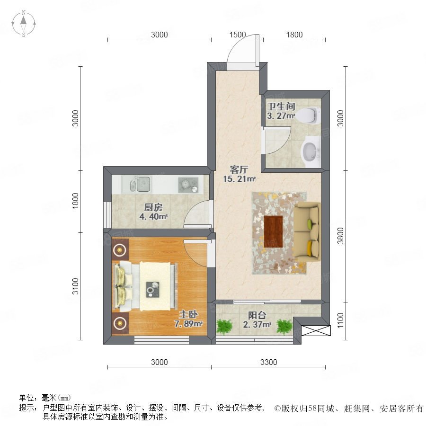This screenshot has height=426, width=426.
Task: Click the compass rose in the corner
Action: click(24, 24)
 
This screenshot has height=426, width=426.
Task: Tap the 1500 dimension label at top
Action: click(238, 35)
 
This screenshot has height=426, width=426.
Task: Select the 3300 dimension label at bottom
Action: click(268, 362)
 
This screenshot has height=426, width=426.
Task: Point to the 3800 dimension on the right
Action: click(340, 236)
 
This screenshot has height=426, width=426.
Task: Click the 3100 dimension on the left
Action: click(75, 286)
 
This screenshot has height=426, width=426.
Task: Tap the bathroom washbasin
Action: click(311, 151)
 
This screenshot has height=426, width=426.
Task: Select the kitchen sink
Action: click(140, 184)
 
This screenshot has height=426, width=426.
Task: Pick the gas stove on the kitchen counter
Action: click(188, 185)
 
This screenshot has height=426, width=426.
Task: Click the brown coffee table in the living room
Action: click(273, 231)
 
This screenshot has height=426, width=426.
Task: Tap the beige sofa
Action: click(307, 232)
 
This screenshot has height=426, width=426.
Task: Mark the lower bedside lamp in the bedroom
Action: click(120, 323)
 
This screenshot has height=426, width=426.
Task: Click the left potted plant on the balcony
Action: click(224, 326)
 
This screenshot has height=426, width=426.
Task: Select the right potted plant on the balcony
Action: click(284, 326)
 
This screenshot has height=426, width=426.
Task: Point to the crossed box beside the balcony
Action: click(316, 330)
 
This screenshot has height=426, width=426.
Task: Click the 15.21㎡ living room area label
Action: click(239, 179)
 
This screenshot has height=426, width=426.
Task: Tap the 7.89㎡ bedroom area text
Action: click(188, 324)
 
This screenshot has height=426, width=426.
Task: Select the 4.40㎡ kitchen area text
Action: click(153, 216)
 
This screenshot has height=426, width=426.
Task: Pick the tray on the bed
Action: click(153, 290)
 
